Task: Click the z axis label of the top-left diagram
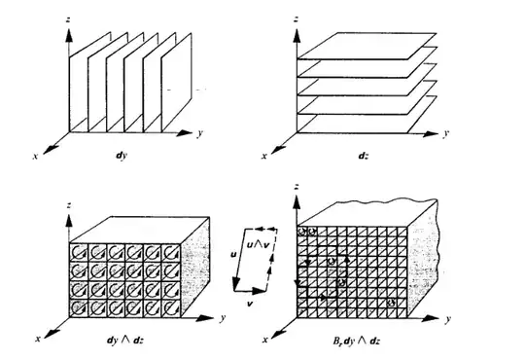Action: [x=67, y=19]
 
